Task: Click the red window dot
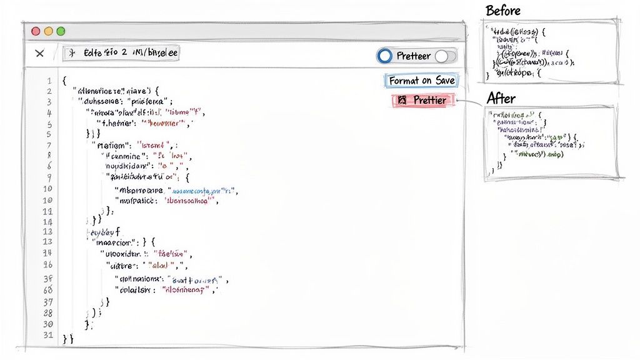36,31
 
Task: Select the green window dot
61,31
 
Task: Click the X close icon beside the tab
39,54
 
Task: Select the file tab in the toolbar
122,53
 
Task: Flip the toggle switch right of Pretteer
445,56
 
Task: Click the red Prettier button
421,100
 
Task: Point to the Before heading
502,11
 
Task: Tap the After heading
501,98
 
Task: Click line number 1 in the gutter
48,81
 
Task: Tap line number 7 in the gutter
48,146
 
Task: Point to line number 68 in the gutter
48,289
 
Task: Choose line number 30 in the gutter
48,325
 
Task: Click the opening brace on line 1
64,81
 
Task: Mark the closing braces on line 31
68,339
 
